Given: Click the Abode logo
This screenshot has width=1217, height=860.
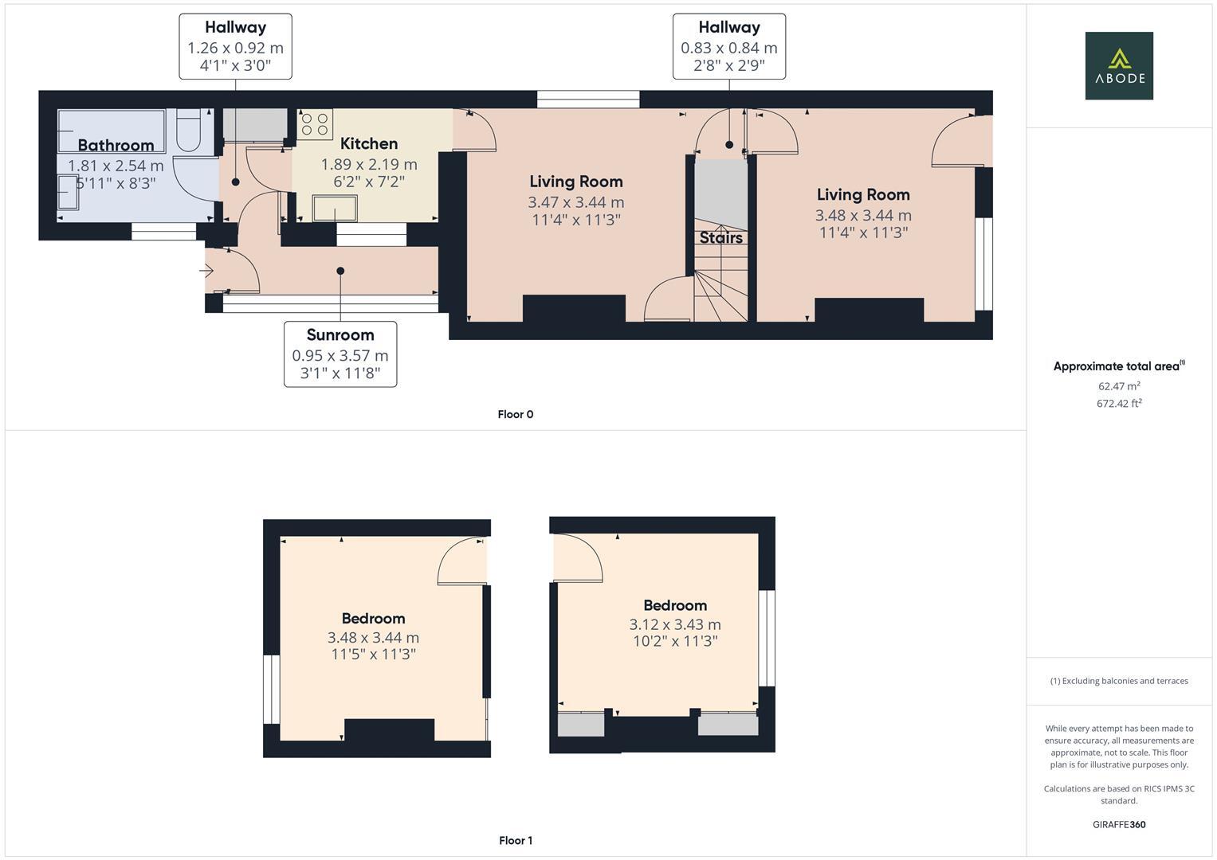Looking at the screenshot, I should click(x=1118, y=65).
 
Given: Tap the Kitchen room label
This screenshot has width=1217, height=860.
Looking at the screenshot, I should click(x=368, y=144).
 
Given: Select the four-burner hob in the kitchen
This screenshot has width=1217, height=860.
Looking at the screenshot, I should click(x=315, y=124).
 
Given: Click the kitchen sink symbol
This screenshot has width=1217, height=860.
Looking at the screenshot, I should click(x=335, y=208).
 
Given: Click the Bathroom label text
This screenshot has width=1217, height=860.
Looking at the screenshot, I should click(x=116, y=145).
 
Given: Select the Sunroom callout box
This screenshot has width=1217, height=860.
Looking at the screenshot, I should click(x=340, y=354).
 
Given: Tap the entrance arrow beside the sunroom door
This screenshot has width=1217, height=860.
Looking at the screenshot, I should click(x=206, y=272).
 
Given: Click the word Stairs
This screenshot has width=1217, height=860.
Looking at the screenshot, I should click(x=720, y=237).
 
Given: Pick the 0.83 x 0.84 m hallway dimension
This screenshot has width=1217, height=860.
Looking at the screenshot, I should click(x=728, y=48).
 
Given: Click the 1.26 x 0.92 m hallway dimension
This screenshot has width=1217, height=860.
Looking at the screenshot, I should click(x=235, y=48).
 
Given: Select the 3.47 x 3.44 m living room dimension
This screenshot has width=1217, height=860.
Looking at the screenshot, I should click(x=575, y=202).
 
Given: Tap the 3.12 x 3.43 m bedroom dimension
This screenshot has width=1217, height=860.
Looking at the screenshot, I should click(x=674, y=624).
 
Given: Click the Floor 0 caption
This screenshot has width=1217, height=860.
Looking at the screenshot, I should click(x=515, y=414).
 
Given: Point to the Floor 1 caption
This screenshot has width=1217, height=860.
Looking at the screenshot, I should click(x=515, y=840).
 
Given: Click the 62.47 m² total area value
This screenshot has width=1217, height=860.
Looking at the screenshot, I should click(x=1118, y=386).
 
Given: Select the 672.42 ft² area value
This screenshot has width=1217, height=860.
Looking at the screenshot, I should click(x=1118, y=404).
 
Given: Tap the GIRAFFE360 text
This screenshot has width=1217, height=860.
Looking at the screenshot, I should click(x=1118, y=824).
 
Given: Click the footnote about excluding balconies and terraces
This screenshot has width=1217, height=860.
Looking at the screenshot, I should click(x=1118, y=681).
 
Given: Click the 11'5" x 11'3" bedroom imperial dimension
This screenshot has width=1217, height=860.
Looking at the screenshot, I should click(x=373, y=655).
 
